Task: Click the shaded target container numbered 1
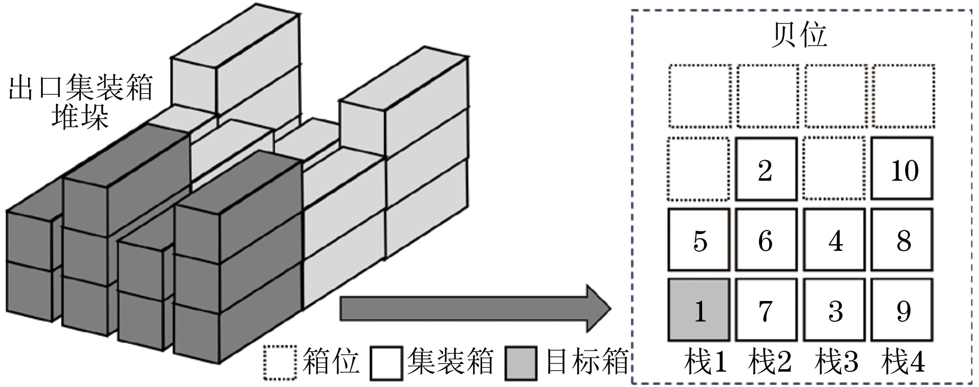pyautogui.click(x=699, y=310)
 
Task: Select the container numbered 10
pyautogui.click(x=902, y=168)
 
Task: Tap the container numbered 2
pyautogui.click(x=766, y=168)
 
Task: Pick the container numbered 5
pyautogui.click(x=699, y=240)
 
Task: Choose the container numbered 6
pyautogui.click(x=766, y=240)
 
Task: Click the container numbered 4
pyautogui.click(x=834, y=240)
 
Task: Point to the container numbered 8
pyautogui.click(x=902, y=240)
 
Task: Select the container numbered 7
pyautogui.click(x=766, y=310)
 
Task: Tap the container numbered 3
pyautogui.click(x=834, y=310)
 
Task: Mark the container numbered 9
pyautogui.click(x=902, y=310)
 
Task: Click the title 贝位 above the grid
pyautogui.click(x=799, y=35)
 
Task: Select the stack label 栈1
pyautogui.click(x=705, y=363)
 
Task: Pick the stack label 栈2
pyautogui.click(x=770, y=363)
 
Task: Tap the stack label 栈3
pyautogui.click(x=836, y=363)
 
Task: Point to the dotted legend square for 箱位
pyautogui.click(x=280, y=363)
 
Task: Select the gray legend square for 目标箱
pyautogui.click(x=521, y=363)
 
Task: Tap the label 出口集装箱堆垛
pyautogui.click(x=81, y=102)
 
